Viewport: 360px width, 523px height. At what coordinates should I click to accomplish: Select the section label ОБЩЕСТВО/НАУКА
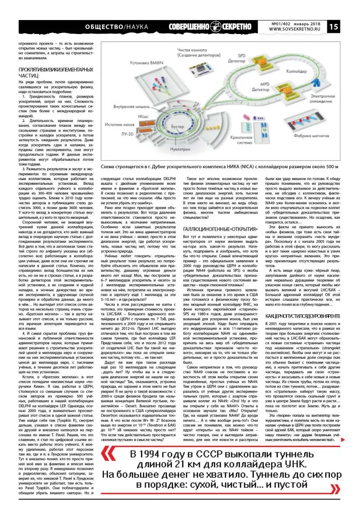117,27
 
